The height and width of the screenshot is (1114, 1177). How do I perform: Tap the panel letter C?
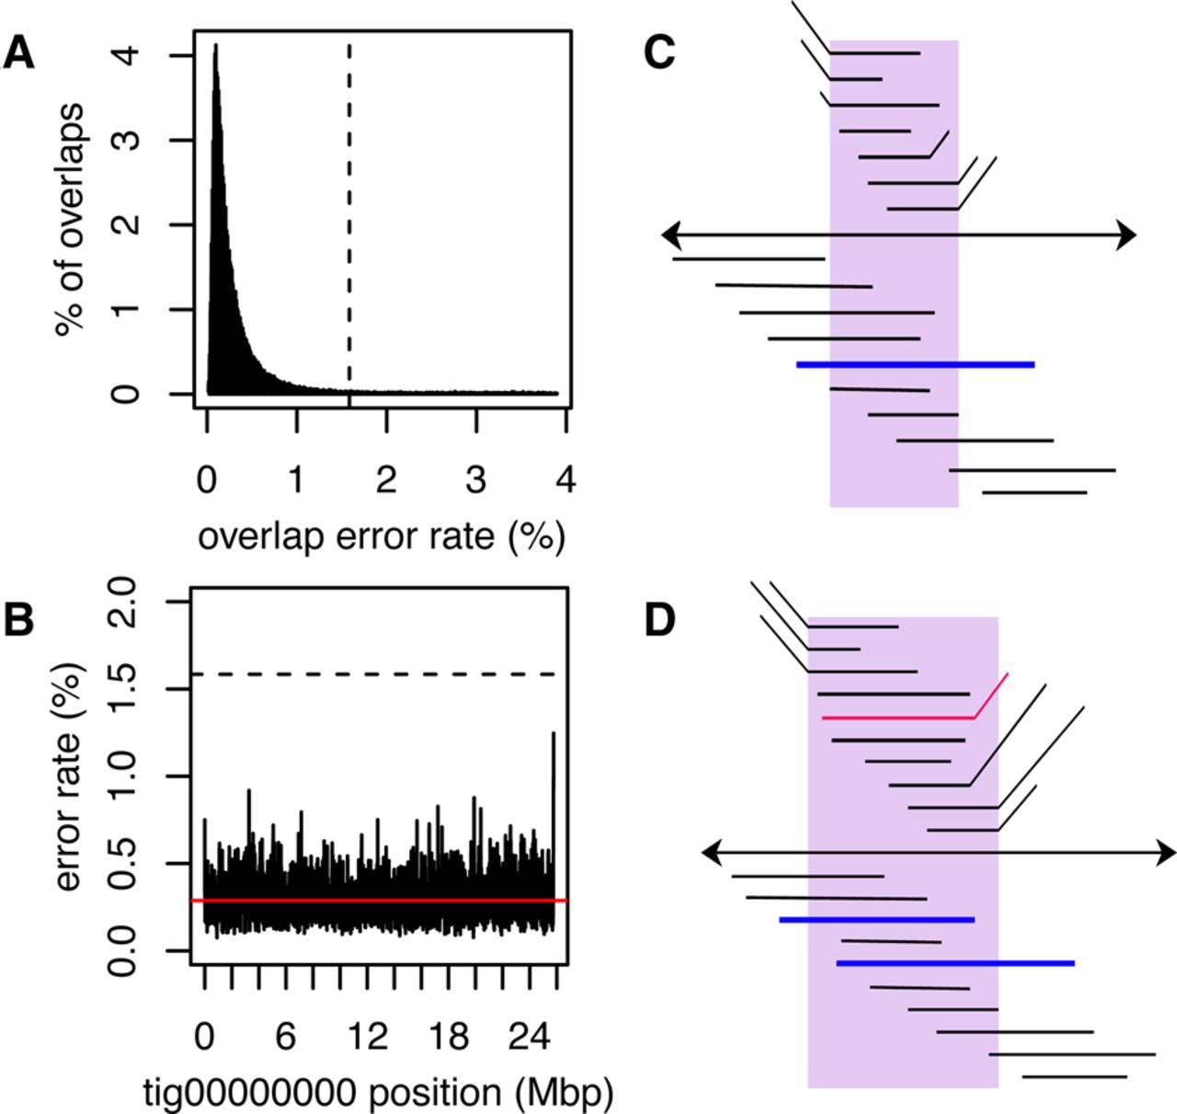659,52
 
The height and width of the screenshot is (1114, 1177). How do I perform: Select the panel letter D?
660,620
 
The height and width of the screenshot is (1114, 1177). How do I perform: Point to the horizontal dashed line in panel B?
368,674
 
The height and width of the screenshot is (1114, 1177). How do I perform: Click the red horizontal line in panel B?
377,900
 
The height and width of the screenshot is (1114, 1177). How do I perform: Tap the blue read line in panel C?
915,365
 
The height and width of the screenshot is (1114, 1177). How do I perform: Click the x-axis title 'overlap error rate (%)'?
381,535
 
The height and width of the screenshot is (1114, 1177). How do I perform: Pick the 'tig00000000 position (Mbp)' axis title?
378,1093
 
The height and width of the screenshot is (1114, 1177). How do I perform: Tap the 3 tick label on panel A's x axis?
474,479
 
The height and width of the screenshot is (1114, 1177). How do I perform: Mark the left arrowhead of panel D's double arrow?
711,853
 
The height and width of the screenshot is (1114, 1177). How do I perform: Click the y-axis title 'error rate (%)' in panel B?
70,777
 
